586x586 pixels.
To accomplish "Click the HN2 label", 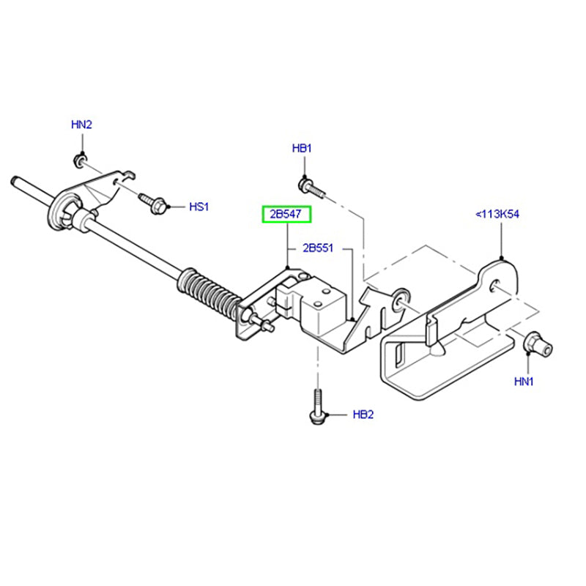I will pyautogui.click(x=81, y=125).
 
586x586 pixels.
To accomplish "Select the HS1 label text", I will pyautogui.click(x=199, y=207).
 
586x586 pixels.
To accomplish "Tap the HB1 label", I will pyautogui.click(x=302, y=149).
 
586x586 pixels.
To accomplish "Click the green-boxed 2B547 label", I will pyautogui.click(x=287, y=215).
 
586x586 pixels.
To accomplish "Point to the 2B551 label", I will pyautogui.click(x=319, y=248).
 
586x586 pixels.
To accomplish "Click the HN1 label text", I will pyautogui.click(x=524, y=381).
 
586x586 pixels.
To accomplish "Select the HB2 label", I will pyautogui.click(x=363, y=415).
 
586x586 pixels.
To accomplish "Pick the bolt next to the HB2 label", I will pyautogui.click(x=316, y=407).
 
